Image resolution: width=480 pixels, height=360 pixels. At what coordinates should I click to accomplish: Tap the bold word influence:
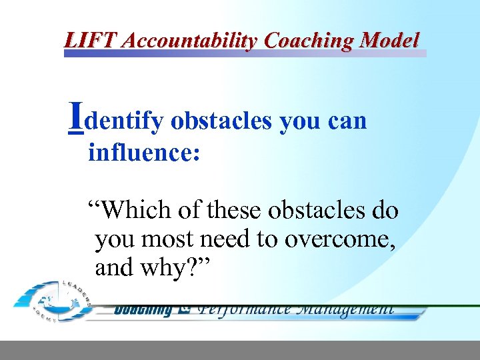point(144,153)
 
